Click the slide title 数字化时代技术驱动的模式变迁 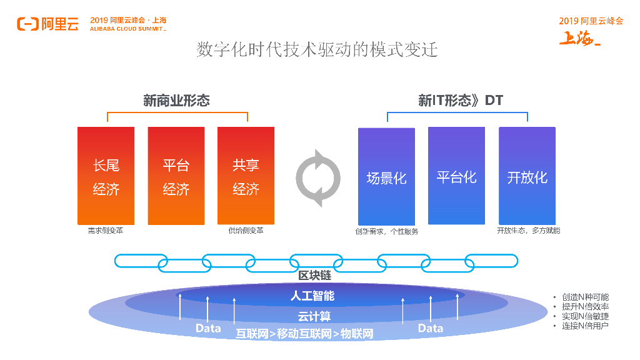pyautogui.click(x=317, y=50)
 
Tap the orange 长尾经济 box pyautogui.click(x=106, y=176)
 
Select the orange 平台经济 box pyautogui.click(x=176, y=176)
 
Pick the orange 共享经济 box pyautogui.click(x=246, y=176)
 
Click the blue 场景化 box pyautogui.click(x=386, y=177)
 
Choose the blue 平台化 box pyautogui.click(x=456, y=176)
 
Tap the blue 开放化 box pyautogui.click(x=527, y=176)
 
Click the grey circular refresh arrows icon pyautogui.click(x=318, y=177)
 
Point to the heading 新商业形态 pyautogui.click(x=176, y=101)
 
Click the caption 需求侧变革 pyautogui.click(x=106, y=231)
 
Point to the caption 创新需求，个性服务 pyautogui.click(x=386, y=231)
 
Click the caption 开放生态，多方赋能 pyautogui.click(x=528, y=231)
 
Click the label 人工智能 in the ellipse pyautogui.click(x=312, y=296)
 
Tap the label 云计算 pyautogui.click(x=314, y=316)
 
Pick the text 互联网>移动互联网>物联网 pyautogui.click(x=304, y=334)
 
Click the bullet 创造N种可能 pyautogui.click(x=584, y=297)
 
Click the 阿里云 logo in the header pyautogui.click(x=47, y=24)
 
